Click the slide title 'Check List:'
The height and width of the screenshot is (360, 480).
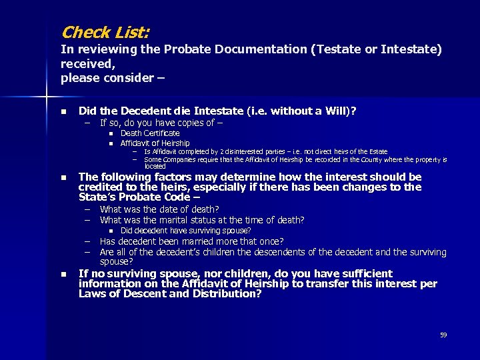pos(105,32)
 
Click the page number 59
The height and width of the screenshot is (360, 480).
pos(443,335)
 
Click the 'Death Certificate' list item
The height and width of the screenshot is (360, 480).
pos(150,133)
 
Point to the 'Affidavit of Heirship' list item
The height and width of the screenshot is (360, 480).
pos(155,143)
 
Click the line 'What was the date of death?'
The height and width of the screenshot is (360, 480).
pos(159,209)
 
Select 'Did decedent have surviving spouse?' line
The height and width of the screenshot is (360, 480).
pos(185,231)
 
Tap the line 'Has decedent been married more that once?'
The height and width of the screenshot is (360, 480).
pos(191,241)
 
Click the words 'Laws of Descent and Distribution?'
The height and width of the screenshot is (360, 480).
pos(170,294)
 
